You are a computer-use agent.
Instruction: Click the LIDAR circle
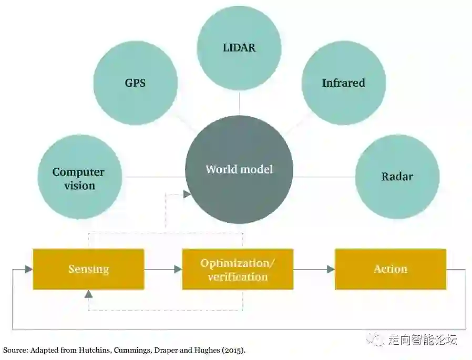click(x=239, y=48)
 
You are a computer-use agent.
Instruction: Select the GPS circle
click(x=135, y=83)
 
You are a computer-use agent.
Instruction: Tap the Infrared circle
click(x=343, y=83)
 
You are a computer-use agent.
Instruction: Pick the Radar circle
click(x=397, y=177)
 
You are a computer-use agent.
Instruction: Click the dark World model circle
click(x=239, y=169)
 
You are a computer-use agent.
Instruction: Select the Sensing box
click(x=88, y=269)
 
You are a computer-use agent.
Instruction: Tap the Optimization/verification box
click(x=238, y=269)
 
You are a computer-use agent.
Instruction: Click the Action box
click(x=390, y=269)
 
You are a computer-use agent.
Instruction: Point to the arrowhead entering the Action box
click(x=331, y=269)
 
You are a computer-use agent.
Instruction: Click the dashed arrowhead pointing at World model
click(x=187, y=194)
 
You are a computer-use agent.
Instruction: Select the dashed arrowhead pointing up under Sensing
click(x=88, y=294)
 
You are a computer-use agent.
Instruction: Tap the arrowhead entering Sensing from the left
click(x=28, y=269)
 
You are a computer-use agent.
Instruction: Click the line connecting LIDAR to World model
click(x=239, y=102)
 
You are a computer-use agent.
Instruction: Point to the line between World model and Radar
click(x=324, y=177)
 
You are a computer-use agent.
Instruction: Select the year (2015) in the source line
click(x=233, y=350)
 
